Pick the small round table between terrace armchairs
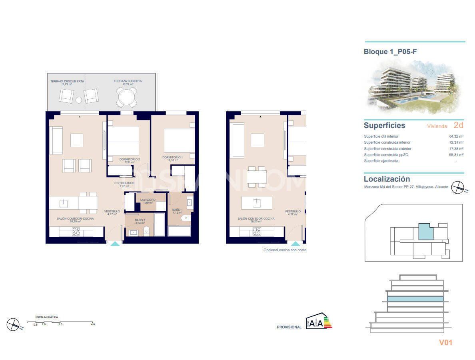click(79, 100)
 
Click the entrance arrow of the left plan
click(115, 243)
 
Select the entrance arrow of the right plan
click(295, 243)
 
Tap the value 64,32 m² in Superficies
click(456, 136)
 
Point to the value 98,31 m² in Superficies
click(456, 155)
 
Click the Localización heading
click(387, 179)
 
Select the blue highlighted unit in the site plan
click(426, 232)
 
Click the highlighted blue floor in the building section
click(415, 299)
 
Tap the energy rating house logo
click(319, 321)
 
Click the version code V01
click(446, 342)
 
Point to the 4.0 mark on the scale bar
click(93, 324)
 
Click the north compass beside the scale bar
click(13, 324)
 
